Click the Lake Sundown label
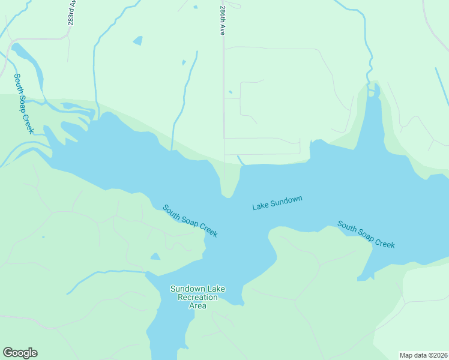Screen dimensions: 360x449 (x=277, y=203)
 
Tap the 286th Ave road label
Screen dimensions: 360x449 (x=221, y=20)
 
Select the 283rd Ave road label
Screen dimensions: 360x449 (x=71, y=12)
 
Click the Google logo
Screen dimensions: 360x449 (x=20, y=353)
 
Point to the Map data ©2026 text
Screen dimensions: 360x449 (x=424, y=355)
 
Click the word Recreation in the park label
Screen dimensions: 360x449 (x=197, y=298)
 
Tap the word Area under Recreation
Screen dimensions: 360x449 (x=197, y=306)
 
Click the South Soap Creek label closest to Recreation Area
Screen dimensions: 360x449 (x=190, y=221)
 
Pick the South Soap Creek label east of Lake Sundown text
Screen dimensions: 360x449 (x=366, y=234)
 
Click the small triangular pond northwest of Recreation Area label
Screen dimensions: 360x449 (x=155, y=257)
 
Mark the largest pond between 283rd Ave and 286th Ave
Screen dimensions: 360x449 (x=138, y=41)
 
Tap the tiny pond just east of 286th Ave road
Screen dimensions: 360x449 (x=231, y=92)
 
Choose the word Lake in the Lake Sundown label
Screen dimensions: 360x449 (x=261, y=206)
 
